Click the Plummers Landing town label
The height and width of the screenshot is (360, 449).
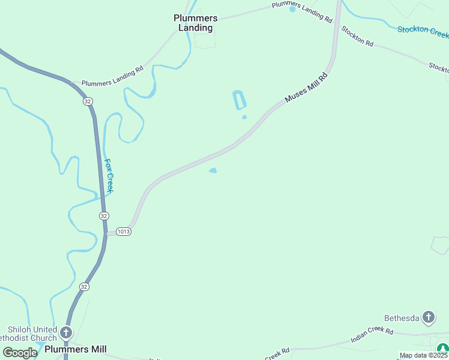[196, 23]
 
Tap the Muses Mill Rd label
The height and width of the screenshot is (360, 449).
[307, 88]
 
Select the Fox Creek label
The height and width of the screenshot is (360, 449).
[109, 176]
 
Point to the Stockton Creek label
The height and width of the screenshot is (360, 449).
[423, 29]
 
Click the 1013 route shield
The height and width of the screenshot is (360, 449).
[124, 232]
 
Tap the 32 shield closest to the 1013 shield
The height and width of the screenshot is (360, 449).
[104, 215]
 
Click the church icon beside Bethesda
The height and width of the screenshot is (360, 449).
[429, 317]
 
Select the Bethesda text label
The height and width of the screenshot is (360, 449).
[402, 317]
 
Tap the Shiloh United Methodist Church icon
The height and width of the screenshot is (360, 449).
[67, 332]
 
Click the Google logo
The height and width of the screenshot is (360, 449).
[20, 352]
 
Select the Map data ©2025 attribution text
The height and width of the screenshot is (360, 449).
[424, 355]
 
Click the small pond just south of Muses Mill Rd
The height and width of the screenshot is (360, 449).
[212, 171]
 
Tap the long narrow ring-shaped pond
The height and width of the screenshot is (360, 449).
[239, 100]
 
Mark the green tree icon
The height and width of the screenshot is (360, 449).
[442, 348]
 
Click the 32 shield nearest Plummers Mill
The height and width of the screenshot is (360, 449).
[84, 287]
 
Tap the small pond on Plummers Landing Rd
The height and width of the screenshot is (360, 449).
[292, 9]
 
